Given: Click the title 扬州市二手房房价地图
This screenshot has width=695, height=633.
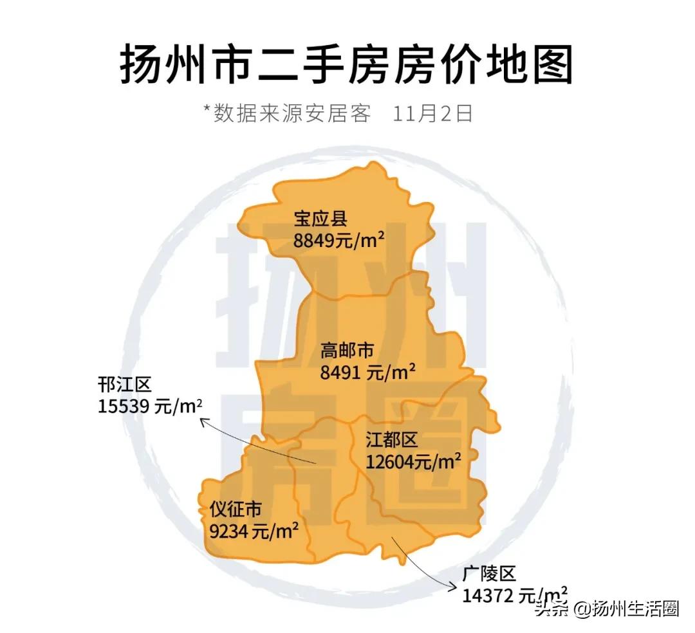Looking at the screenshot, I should pos(346,64).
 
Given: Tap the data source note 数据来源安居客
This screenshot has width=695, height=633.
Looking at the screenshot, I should pos(293,113).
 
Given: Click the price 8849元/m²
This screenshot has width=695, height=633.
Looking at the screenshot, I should pos(339,241).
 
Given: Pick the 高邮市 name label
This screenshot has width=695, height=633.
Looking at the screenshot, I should pos(347,351).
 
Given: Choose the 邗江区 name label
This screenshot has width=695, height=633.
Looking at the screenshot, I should pos(125,385).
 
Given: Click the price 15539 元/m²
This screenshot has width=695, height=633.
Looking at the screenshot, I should pos(151,407).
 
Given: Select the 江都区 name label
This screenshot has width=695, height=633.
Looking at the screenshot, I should pos(391,440).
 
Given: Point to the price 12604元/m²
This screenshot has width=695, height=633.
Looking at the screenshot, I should pos(413,462).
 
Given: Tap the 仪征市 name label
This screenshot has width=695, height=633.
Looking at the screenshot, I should pos(236,509).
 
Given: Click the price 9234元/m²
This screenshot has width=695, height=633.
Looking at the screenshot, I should pos(254,531).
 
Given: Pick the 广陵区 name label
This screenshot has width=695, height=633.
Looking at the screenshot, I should pos(489,574).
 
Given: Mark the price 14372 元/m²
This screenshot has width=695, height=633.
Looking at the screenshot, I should pos(515,595).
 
